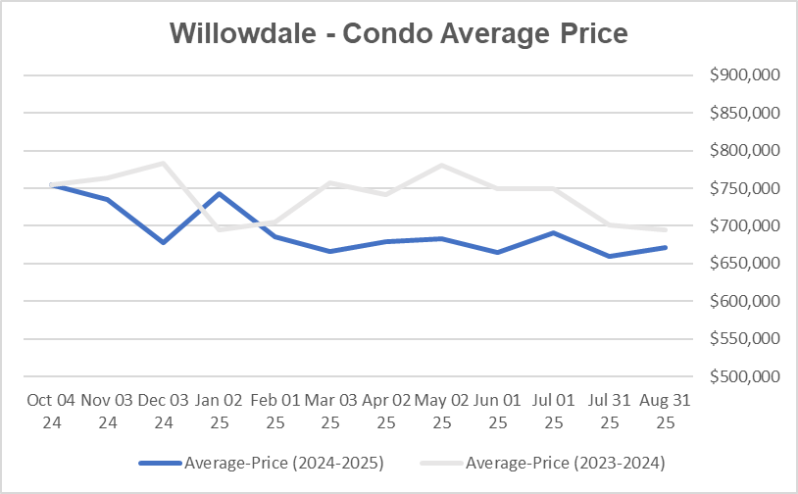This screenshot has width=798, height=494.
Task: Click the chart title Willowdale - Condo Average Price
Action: [x=398, y=32]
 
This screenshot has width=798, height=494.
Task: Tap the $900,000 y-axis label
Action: [x=743, y=75]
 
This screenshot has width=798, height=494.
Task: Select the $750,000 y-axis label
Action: [x=743, y=188]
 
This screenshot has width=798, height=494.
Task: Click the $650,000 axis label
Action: [x=743, y=264]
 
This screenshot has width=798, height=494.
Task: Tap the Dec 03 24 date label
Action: [x=163, y=411]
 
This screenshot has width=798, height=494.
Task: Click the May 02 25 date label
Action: [x=442, y=411]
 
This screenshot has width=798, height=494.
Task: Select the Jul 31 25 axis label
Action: [x=610, y=411]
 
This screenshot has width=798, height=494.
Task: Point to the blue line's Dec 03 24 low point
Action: [x=163, y=242]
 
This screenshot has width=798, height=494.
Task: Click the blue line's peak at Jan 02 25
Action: [x=219, y=193]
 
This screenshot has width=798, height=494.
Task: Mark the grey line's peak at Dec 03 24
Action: [x=163, y=163]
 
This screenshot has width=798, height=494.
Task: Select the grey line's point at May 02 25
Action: [x=442, y=165]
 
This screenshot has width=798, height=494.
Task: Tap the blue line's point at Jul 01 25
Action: [x=554, y=232]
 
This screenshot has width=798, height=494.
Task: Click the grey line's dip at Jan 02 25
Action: [x=219, y=229]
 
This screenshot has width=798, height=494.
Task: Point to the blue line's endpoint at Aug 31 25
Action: [x=666, y=247]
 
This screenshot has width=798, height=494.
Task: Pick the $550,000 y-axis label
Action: [x=743, y=339]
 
